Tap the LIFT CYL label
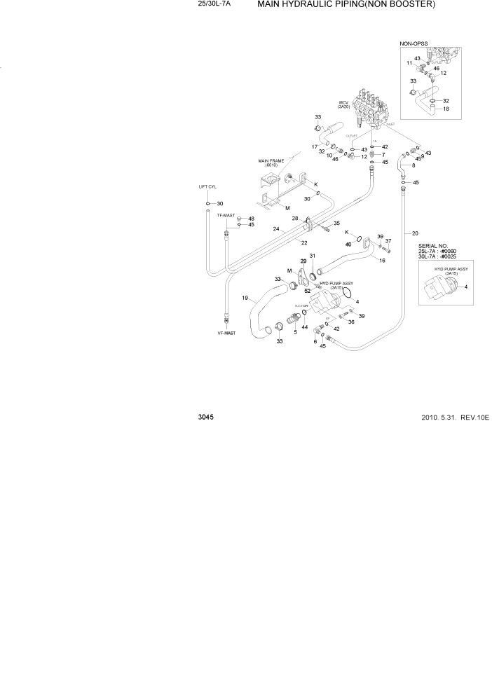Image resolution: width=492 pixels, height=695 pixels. (208, 188)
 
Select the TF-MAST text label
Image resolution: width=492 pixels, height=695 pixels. (226, 215)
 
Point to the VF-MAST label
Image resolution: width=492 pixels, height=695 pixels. (226, 333)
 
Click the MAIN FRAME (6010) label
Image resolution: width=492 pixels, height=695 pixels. (271, 163)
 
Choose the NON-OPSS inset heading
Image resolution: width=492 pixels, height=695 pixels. (414, 43)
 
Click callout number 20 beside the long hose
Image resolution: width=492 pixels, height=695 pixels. (415, 233)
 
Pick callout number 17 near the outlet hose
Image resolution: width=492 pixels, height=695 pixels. (315, 146)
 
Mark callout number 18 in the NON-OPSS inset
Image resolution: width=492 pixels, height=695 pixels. (446, 109)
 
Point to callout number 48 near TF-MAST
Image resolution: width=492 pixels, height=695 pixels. (251, 219)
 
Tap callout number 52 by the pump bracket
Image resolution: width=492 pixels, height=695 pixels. (307, 291)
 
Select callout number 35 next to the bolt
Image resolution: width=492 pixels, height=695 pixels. (336, 223)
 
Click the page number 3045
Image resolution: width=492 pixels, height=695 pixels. (206, 417)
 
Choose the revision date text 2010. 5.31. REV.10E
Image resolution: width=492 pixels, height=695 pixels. (454, 417)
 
